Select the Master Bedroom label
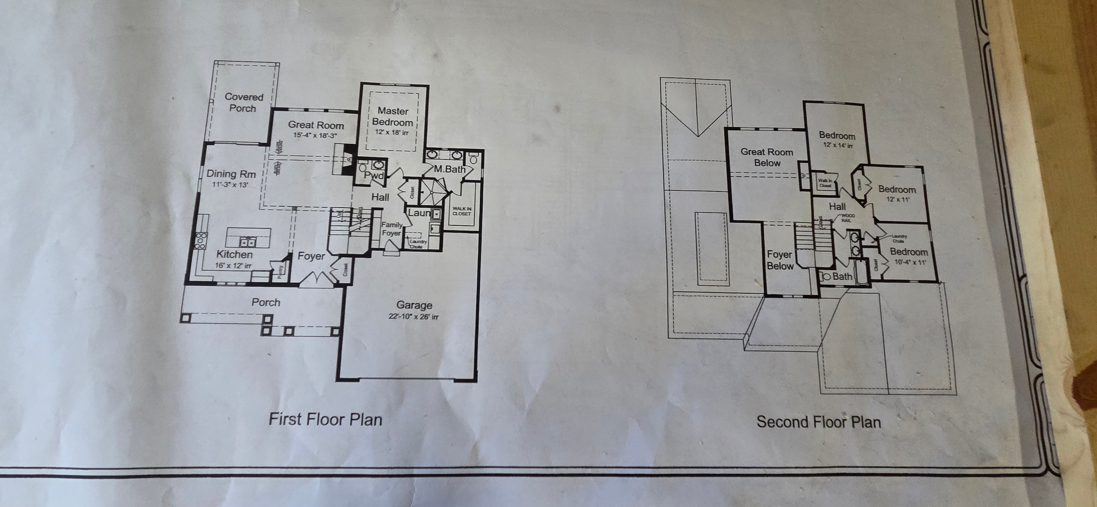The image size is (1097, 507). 393,117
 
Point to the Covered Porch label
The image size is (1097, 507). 244,103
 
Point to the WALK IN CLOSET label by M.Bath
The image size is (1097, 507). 462,211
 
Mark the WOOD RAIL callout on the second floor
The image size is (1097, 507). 847,218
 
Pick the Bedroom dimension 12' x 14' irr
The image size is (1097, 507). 838,145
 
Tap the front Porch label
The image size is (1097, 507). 266,303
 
